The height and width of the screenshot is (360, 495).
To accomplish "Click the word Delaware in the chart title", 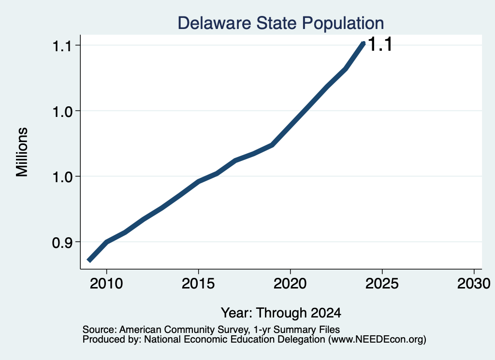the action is (x=214, y=23).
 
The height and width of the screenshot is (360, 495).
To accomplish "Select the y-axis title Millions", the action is (x=22, y=152).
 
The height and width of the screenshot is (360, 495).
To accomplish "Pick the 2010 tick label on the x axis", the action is (x=106, y=284).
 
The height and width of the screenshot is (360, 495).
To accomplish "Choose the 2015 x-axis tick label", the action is (x=198, y=284).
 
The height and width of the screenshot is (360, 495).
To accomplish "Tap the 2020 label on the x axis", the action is (x=290, y=284).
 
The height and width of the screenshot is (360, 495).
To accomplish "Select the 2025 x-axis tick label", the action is (x=382, y=284).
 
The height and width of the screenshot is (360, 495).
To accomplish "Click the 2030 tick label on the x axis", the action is (x=474, y=284).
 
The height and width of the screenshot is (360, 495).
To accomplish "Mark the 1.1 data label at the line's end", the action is (x=380, y=44).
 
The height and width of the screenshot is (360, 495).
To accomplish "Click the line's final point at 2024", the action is (x=364, y=43).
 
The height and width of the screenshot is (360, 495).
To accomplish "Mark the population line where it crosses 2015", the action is (x=198, y=181).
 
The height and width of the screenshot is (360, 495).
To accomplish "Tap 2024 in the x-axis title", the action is (x=326, y=313).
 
